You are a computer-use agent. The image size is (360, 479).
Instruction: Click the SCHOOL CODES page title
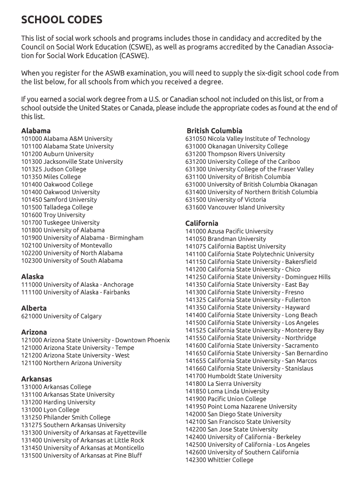[x=62, y=20]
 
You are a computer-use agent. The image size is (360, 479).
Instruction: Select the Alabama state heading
[x=36, y=131]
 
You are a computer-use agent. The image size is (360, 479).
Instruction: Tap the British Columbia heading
[x=214, y=131]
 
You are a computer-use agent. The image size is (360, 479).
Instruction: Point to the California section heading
[x=202, y=223]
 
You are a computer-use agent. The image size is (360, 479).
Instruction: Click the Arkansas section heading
[x=36, y=379]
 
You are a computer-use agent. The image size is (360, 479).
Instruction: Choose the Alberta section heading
[x=34, y=308]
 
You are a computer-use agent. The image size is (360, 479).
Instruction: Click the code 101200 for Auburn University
[x=31, y=154]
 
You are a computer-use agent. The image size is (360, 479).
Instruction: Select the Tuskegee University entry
[x=60, y=223]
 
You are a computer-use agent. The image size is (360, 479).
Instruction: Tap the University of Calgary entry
[x=61, y=316]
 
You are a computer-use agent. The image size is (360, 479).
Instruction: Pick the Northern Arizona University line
[x=71, y=363]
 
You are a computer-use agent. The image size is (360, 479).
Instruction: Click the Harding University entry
[x=58, y=402]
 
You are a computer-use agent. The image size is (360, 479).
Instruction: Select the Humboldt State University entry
[x=233, y=376]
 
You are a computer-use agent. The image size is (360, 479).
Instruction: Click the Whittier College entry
[x=219, y=460]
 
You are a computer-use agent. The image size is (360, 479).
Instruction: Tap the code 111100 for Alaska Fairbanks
[x=31, y=292]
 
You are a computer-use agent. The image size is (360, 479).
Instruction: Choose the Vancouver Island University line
[x=235, y=207]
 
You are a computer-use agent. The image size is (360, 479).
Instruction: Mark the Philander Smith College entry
[x=66, y=417]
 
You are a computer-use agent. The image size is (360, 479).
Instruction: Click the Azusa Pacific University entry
[x=229, y=231]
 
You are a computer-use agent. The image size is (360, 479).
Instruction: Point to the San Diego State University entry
[x=233, y=414]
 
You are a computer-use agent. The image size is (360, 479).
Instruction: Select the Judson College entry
[x=54, y=169]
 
